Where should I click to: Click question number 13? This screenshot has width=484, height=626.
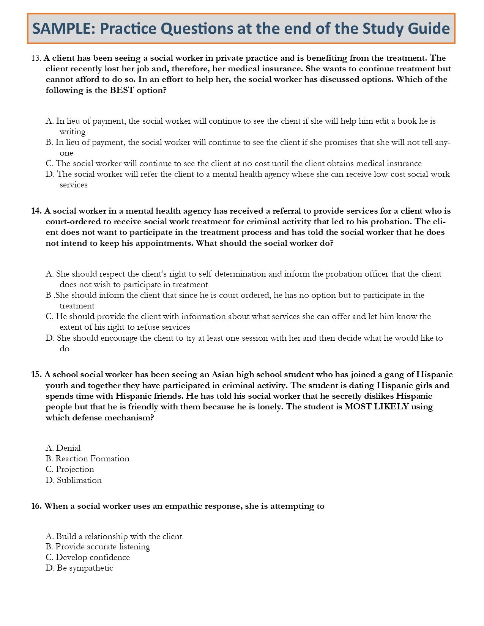click(36, 58)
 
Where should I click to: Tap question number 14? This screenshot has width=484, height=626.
click(36, 211)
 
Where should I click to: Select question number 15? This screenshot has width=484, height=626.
click(36, 375)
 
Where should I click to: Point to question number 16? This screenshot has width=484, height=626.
click(36, 506)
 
